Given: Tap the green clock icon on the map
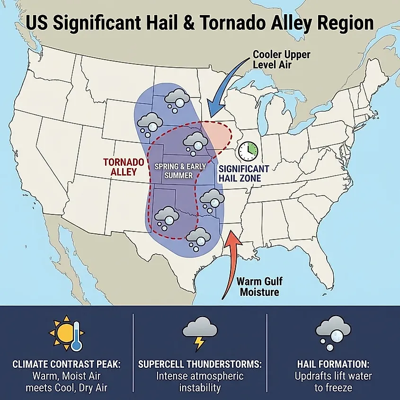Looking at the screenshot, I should pos(247,151).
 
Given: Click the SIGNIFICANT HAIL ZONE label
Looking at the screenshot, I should pos(243,174).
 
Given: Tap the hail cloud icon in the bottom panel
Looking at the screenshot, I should pos(333,331).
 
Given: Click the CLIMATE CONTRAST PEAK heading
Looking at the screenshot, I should pos(66,365).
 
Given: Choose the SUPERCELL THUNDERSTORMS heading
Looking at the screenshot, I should pos(200,365).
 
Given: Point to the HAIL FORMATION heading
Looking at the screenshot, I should pos(333,365).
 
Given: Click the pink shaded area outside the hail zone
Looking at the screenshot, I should pos(219,134).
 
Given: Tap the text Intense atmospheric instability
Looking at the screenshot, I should pos(200,382).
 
